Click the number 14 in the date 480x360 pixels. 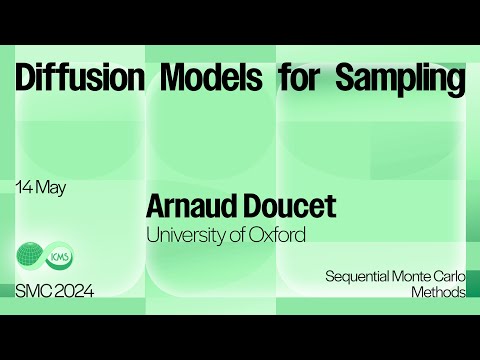24,187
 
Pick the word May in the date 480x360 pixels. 50,188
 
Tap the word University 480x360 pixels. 186,236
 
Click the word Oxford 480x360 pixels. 277,235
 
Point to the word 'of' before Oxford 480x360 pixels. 239,235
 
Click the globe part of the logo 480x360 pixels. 30,255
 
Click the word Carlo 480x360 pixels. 448,275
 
